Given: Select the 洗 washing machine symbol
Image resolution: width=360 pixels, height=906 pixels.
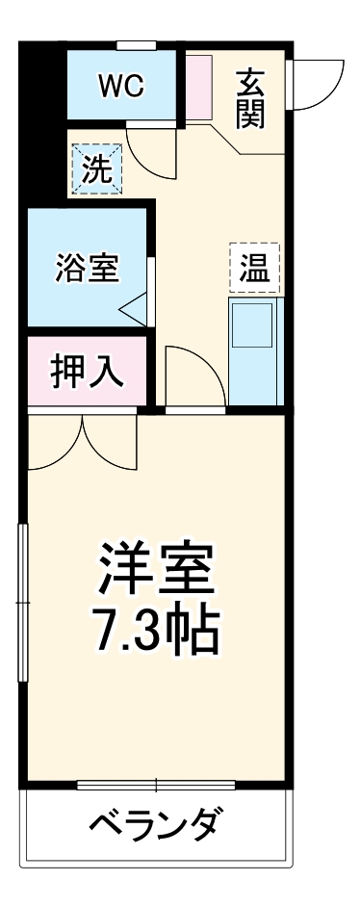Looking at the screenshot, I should pos(96,168).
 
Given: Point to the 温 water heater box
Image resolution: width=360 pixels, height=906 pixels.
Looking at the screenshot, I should pos(254,267).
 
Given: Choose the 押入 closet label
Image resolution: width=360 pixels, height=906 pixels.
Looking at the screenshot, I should pos(87,372).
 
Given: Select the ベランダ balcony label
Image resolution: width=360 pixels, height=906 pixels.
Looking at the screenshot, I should pos(159,823).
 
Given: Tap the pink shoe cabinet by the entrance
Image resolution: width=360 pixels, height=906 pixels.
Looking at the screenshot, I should pos(199,88).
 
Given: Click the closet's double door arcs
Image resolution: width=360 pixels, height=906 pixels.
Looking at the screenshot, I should pos(84,442).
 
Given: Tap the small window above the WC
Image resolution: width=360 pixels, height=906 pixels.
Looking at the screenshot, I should pos(136,44).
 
